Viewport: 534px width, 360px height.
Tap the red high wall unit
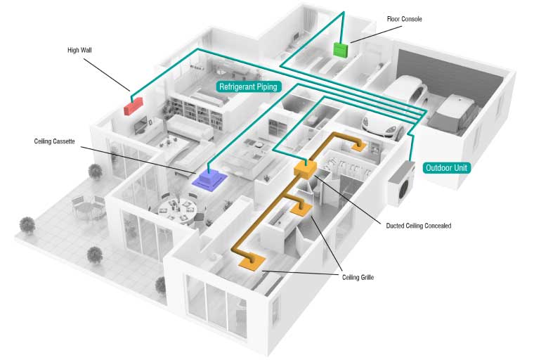(133, 107)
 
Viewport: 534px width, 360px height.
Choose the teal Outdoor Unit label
(447, 169)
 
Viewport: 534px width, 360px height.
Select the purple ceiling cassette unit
(210, 178)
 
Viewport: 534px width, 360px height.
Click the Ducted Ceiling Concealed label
(419, 226)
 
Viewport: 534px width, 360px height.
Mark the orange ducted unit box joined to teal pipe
(306, 169)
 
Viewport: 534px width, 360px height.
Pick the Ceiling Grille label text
(358, 278)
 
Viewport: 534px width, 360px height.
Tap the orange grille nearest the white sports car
(360, 146)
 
